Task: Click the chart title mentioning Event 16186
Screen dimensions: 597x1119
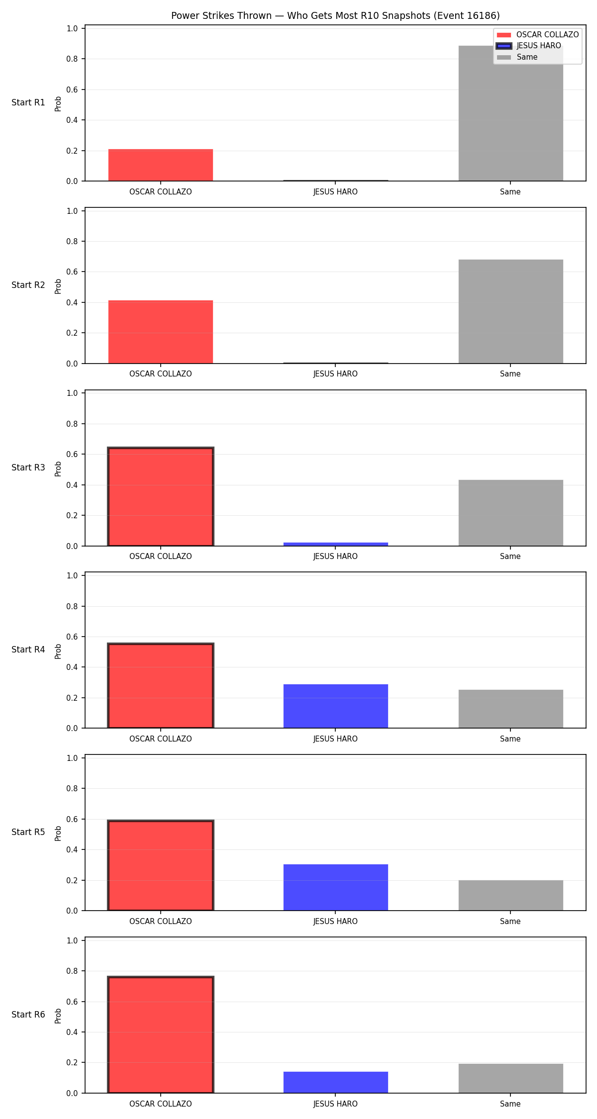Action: pos(335,15)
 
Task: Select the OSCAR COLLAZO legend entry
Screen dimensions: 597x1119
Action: pos(538,35)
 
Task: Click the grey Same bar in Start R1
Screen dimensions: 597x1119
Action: pos(510,113)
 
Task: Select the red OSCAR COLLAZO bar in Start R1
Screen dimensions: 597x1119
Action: pos(161,165)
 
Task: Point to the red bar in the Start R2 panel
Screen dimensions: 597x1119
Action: pos(161,332)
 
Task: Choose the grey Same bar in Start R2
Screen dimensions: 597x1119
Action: pos(510,311)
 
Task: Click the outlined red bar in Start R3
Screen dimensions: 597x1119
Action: pos(161,497)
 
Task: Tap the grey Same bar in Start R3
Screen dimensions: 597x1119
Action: pos(510,513)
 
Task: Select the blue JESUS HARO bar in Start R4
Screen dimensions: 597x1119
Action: pos(336,706)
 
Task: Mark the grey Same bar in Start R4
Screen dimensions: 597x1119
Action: pos(510,709)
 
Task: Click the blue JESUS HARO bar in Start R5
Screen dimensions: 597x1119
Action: pos(336,887)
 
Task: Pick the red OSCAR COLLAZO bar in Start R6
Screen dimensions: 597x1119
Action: pos(161,1034)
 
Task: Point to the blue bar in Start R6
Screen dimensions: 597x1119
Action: pos(336,1082)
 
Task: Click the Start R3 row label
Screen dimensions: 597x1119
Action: pos(28,467)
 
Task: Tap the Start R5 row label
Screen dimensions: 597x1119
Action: pos(28,832)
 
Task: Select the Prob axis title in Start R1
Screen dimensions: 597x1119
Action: pos(58,103)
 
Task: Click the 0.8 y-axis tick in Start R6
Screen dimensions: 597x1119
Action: pos(73,971)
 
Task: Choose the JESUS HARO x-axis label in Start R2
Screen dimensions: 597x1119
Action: pos(335,374)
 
